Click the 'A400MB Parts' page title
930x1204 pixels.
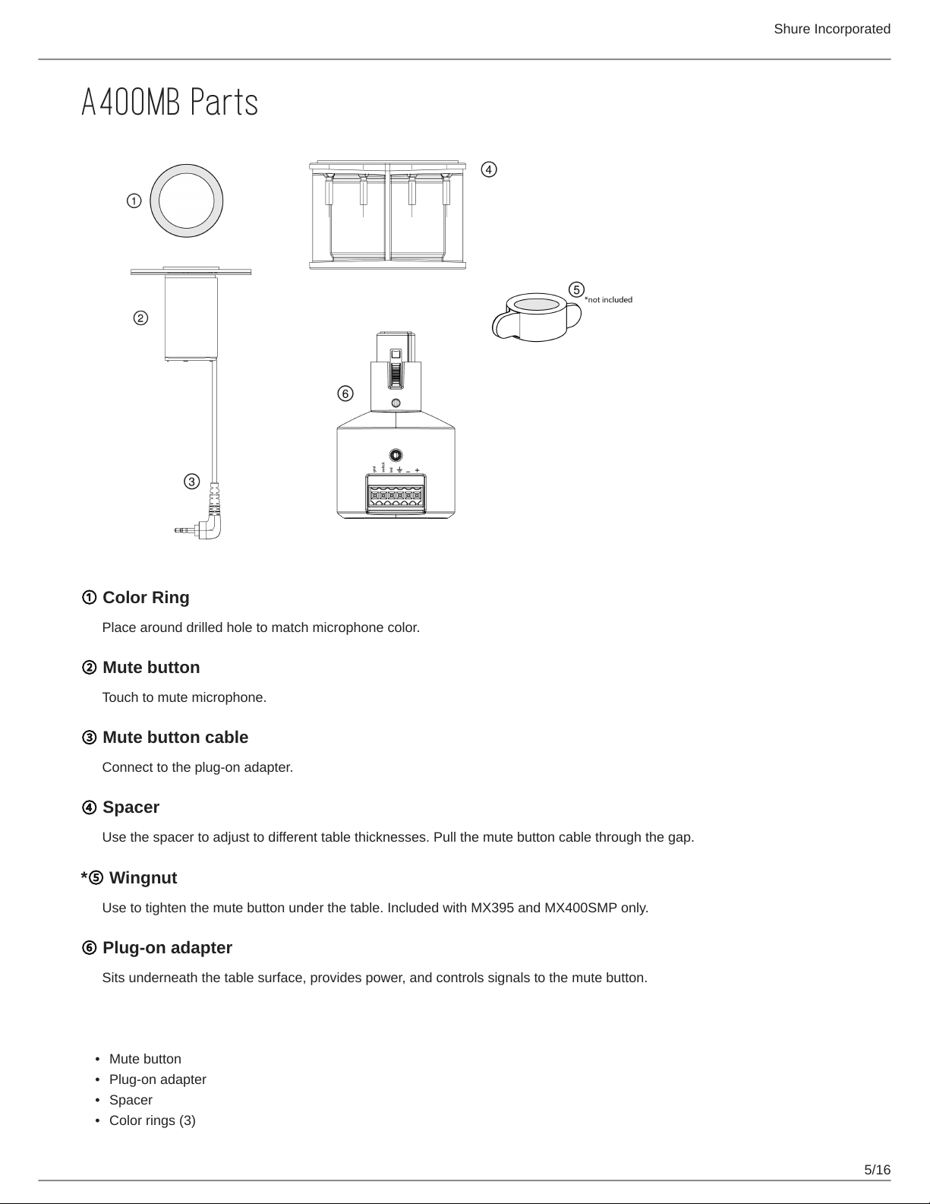coord(169,103)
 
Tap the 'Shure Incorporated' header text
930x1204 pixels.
coord(831,29)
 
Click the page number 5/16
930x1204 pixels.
coord(877,1169)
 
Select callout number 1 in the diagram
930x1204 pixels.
coord(134,201)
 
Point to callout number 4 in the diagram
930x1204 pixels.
coord(489,169)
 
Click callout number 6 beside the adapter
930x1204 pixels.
coord(345,393)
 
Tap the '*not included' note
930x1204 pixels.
coord(608,300)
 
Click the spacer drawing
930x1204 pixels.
coord(388,215)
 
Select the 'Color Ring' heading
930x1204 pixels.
coord(145,598)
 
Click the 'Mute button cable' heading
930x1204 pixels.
coord(175,738)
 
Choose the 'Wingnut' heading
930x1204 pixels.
coord(143,878)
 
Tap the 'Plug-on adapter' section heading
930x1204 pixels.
coord(167,948)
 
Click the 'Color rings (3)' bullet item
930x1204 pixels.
coord(152,1120)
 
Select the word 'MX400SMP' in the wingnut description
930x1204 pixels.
coord(581,908)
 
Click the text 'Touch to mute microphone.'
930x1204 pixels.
coord(184,697)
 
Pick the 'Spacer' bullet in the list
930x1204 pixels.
coord(131,1100)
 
